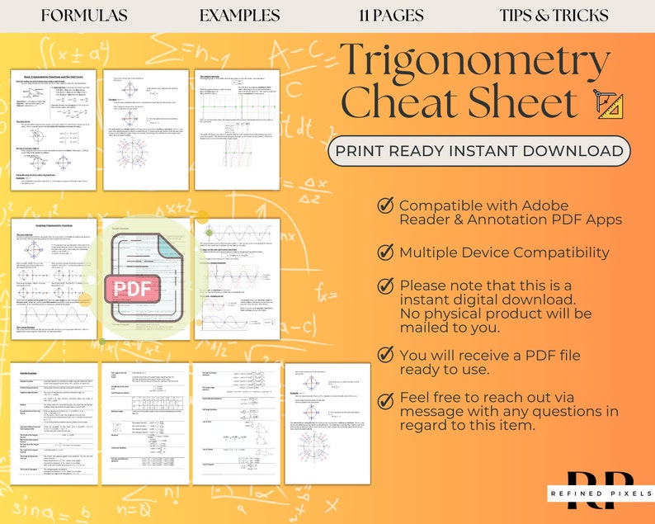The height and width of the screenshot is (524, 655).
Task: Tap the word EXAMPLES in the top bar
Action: [x=239, y=16]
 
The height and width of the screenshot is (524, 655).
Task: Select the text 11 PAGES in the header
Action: [x=391, y=16]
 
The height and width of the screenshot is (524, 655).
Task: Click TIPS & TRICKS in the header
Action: [x=554, y=16]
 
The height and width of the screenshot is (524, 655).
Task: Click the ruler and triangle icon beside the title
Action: [x=608, y=105]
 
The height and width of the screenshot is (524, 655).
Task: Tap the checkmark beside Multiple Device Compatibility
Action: [x=384, y=252]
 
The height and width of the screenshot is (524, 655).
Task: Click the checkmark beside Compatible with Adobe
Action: [x=384, y=205]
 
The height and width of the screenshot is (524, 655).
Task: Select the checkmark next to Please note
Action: [x=384, y=285]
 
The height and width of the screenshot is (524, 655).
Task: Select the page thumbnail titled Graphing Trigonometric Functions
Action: [x=54, y=277]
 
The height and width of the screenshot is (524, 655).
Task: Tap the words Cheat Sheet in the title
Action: [x=459, y=103]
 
